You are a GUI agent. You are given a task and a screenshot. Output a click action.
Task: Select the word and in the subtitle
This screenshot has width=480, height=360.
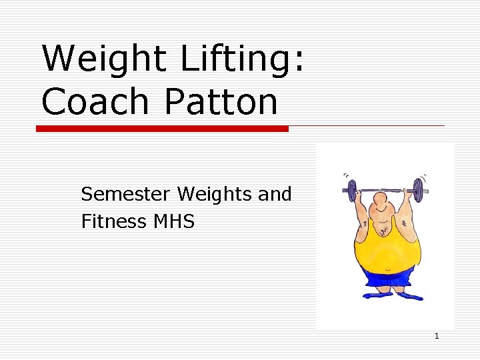click(x=275, y=194)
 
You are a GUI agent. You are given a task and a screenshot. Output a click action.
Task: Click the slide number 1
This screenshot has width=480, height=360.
click(x=437, y=336)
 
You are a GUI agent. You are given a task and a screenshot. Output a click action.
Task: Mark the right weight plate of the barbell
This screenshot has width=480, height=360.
click(x=417, y=190)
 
